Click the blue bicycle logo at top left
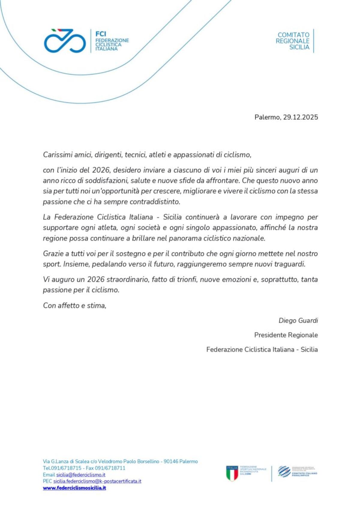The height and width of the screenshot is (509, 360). pyautogui.click(x=65, y=41)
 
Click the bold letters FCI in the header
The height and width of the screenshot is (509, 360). pyautogui.click(x=101, y=34)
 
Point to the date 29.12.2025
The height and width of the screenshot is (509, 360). pyautogui.click(x=300, y=117)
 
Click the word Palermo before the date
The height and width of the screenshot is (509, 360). pyautogui.click(x=267, y=117)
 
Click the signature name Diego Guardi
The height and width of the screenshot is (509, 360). pyautogui.click(x=298, y=320)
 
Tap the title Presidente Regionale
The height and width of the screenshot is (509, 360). pyautogui.click(x=286, y=335)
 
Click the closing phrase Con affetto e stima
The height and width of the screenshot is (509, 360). pyautogui.click(x=74, y=305)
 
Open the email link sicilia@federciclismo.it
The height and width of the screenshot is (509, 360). pyautogui.click(x=81, y=475)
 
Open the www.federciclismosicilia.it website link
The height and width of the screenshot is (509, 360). pyautogui.click(x=74, y=488)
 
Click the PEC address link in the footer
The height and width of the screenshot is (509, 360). pyautogui.click(x=97, y=481)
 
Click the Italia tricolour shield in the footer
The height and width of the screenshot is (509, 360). pyautogui.click(x=232, y=473)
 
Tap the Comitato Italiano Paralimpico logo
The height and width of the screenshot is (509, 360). pyautogui.click(x=297, y=472)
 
